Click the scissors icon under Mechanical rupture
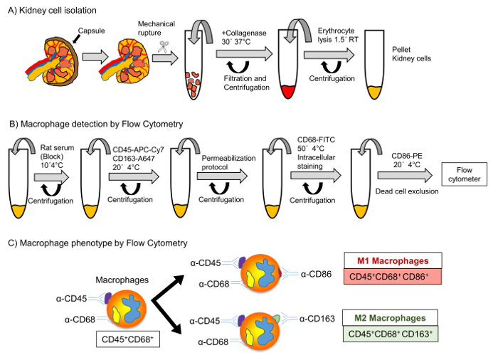point(164,47)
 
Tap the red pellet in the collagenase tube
point(288,92)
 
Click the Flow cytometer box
point(464,174)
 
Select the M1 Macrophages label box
point(393,261)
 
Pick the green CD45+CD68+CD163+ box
point(391,334)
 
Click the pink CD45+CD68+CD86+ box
point(393,277)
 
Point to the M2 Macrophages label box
point(390,318)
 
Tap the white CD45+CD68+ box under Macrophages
point(127,339)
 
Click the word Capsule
point(92,31)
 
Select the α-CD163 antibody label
point(317,319)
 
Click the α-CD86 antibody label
point(316,274)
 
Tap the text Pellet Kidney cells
point(412,54)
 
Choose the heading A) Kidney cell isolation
point(52,11)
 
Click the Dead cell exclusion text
point(407,191)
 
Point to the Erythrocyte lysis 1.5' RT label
point(338,36)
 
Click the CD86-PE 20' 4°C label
point(407,161)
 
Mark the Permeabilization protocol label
point(228,163)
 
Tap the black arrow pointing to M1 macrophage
point(168,288)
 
